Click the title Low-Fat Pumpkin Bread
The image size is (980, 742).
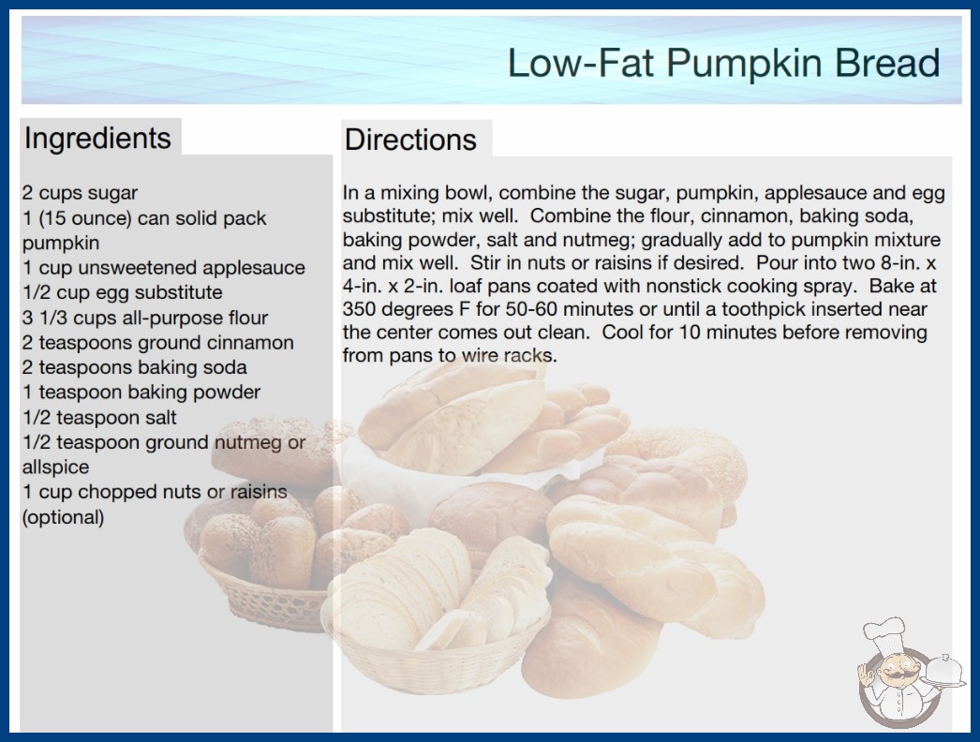point(723,63)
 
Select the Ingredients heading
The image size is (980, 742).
point(97,138)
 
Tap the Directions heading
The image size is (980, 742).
point(410,140)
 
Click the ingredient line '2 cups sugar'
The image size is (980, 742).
point(80,193)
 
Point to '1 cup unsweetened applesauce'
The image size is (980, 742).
point(164,268)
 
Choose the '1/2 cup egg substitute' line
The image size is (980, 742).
point(123,292)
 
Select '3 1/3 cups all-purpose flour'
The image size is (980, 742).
point(145,318)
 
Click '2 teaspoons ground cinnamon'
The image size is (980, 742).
point(157,343)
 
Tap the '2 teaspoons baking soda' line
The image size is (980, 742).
point(134,367)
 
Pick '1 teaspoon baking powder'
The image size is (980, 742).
point(141,393)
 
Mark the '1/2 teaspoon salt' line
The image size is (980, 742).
point(99,418)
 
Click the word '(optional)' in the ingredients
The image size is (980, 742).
point(63,517)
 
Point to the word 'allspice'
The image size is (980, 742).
point(55,467)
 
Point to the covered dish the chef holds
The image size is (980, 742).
point(944,672)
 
